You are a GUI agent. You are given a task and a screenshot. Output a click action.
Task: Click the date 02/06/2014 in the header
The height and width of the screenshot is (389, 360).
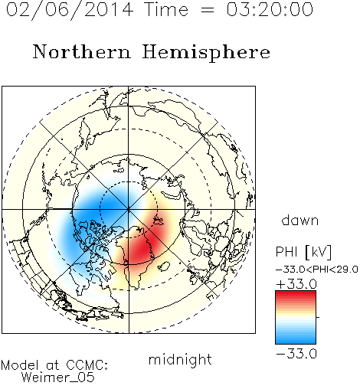coord(70,10)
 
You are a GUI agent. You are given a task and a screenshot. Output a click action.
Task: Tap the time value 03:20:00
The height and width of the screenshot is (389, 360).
coord(270,9)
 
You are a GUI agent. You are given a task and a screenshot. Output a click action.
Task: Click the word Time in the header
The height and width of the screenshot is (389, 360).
coord(166,9)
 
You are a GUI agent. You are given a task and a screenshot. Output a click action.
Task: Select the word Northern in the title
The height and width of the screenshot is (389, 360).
coord(82,51)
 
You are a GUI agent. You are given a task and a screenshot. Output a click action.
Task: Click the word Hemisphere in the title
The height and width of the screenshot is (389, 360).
coord(206,53)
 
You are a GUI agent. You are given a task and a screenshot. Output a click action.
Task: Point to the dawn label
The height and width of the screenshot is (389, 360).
coord(300,220)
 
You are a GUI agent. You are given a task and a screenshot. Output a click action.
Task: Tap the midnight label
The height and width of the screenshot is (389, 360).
coord(180,359)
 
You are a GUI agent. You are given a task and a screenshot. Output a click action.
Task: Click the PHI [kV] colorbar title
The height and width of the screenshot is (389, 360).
coord(303,252)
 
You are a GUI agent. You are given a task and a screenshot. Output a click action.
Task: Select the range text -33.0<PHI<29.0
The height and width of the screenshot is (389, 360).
coord(317,269)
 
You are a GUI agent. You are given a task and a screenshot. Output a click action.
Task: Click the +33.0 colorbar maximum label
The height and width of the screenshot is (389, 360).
coord(296,284)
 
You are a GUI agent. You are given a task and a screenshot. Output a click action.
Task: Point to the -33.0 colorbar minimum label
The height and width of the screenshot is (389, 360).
coord(296,354)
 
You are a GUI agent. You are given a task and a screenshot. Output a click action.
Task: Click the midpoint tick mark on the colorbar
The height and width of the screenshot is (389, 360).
coord(318,317)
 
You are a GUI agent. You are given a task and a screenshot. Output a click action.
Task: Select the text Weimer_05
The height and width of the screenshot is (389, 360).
coord(58,378)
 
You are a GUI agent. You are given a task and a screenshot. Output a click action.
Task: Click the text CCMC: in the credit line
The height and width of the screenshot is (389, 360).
coord(87,365)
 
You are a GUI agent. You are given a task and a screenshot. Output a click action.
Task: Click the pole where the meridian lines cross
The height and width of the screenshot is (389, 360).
coord(129,209)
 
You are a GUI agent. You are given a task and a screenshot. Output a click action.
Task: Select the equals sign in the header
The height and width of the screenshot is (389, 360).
coord(208,10)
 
